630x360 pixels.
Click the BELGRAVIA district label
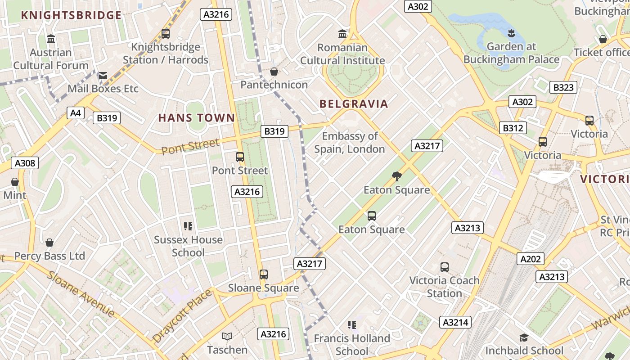[x=354, y=104]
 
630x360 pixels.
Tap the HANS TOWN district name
[x=197, y=118]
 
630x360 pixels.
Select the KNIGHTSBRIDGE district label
[x=71, y=15]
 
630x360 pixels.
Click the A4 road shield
[x=76, y=112]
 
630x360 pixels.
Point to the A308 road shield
[x=25, y=163]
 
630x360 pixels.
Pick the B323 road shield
[x=563, y=87]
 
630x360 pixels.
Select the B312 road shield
[x=513, y=128]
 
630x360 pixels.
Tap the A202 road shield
[x=531, y=259]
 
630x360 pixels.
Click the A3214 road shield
[x=456, y=322]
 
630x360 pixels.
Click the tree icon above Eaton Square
[x=396, y=176]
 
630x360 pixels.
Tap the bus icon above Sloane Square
[x=264, y=274]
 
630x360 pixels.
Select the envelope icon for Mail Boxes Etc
[x=103, y=75]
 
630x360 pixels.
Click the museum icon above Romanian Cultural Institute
[x=342, y=34]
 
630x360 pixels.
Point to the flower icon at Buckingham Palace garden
[x=511, y=32]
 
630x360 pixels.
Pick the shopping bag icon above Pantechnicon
[x=274, y=71]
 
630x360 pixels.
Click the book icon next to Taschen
[x=227, y=336]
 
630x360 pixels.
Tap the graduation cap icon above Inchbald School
[x=524, y=337]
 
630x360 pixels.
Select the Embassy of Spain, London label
[x=350, y=142]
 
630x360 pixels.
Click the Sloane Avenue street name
[x=81, y=293]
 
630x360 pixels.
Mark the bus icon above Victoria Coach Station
[x=445, y=267]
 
